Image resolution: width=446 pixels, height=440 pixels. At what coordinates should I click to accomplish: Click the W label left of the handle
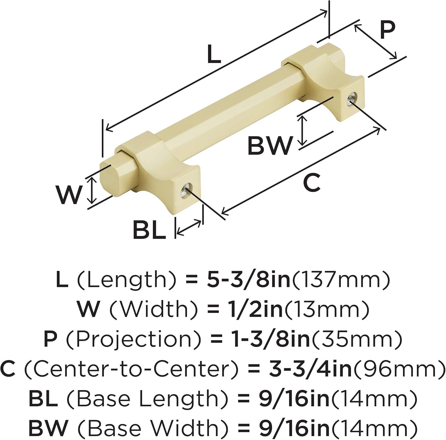pyautogui.click(x=69, y=195)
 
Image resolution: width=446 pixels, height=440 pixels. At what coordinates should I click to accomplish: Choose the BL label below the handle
pyautogui.click(x=149, y=229)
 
